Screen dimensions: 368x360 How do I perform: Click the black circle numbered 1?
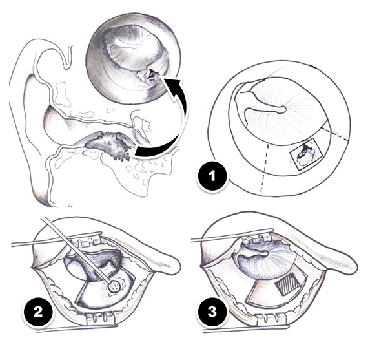(212, 176)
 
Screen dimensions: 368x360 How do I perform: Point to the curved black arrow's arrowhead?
(172, 88)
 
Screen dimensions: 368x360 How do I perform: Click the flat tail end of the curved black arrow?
(136, 153)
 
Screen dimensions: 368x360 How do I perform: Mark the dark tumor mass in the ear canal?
(109, 145)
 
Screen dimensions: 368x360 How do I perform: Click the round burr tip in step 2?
(115, 287)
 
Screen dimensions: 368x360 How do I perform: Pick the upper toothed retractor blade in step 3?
(256, 239)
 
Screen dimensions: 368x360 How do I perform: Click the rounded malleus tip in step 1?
(283, 109)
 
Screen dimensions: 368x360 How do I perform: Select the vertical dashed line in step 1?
(265, 169)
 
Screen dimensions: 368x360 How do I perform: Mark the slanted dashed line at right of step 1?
(334, 133)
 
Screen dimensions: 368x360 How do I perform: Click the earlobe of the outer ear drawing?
(42, 188)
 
